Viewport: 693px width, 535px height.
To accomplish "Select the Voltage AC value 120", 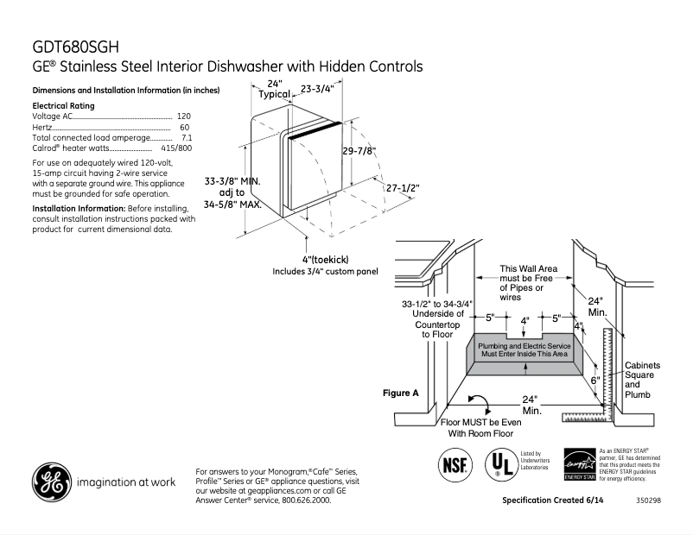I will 183,116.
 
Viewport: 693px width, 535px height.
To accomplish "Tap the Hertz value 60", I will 185,127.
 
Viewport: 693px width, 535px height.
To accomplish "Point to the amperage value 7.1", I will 186,138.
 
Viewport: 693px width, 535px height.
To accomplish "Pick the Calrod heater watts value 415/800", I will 176,148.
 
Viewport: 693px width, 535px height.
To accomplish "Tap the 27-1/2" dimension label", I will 402,187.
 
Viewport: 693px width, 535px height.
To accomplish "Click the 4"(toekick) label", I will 325,260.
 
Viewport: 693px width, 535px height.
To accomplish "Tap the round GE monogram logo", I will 52,481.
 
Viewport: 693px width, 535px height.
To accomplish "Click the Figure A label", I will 400,393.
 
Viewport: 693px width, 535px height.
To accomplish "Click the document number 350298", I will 646,500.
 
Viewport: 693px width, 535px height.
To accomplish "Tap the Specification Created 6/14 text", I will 552,500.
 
